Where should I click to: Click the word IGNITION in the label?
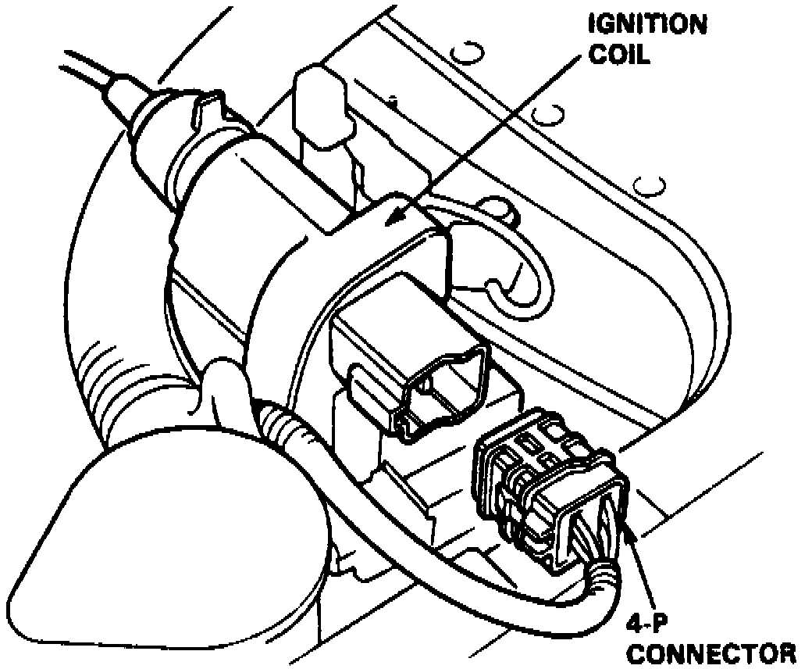pyautogui.click(x=647, y=24)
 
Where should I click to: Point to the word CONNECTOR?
pyautogui.click(x=711, y=653)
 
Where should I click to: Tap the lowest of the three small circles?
pyautogui.click(x=647, y=186)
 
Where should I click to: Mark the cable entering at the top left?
pyautogui.click(x=86, y=66)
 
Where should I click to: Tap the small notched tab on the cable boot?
pyautogui.click(x=205, y=109)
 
